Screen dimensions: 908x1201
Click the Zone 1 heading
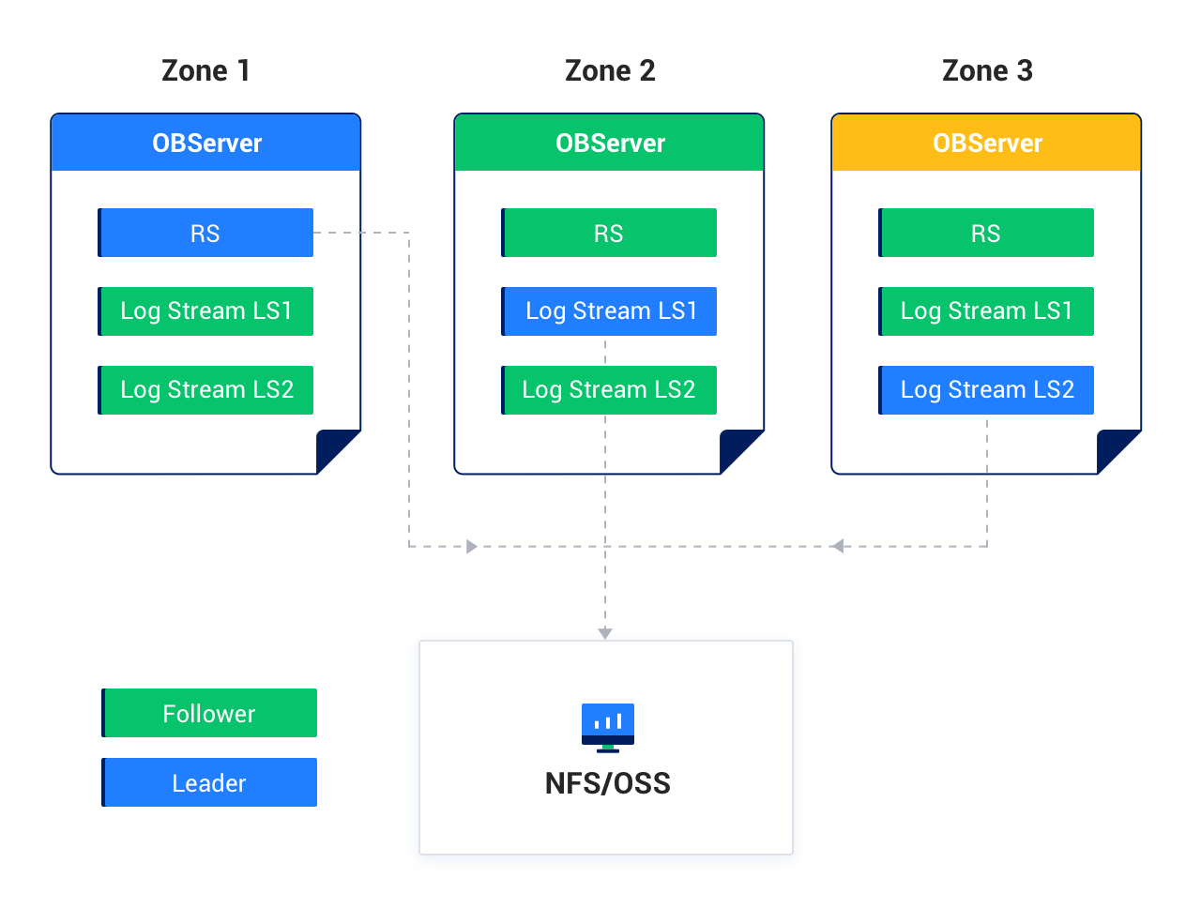pos(205,71)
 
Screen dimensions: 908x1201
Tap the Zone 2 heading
pos(610,71)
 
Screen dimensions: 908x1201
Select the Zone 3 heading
pos(987,71)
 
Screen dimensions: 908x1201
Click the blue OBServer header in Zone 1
pos(206,143)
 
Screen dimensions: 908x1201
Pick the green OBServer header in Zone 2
pos(610,143)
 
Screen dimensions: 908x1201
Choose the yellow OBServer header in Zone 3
pos(987,143)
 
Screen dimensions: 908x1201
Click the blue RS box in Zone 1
pos(205,233)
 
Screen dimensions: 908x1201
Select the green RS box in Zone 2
pos(609,233)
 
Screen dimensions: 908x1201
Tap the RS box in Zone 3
pos(986,233)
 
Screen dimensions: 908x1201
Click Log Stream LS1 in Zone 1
pos(205,311)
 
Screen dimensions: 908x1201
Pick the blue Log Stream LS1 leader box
pos(609,311)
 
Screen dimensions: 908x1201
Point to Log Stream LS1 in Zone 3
pos(986,311)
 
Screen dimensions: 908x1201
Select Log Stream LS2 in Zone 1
pos(205,390)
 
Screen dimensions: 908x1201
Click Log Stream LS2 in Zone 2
pos(609,390)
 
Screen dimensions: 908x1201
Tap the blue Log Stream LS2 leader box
pos(986,390)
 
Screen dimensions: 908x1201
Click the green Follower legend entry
pos(209,713)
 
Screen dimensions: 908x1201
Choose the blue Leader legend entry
pos(209,782)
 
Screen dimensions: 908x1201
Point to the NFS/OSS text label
pos(608,783)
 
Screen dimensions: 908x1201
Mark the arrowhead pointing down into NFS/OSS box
pos(605,633)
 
